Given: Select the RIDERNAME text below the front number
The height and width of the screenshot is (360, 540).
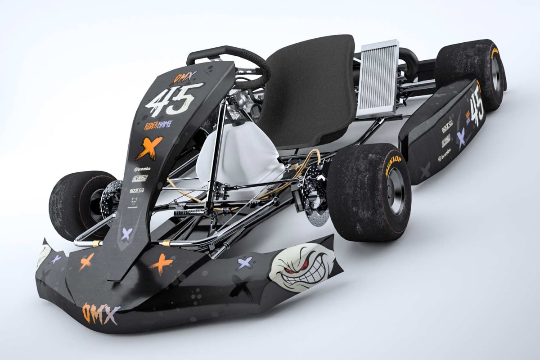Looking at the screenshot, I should (x=158, y=125).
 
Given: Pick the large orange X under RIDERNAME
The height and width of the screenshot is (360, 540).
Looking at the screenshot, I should (x=148, y=147).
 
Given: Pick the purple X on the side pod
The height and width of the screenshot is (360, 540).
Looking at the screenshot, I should (x=461, y=136).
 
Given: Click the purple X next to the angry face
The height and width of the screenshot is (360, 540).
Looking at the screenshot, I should (x=246, y=263).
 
